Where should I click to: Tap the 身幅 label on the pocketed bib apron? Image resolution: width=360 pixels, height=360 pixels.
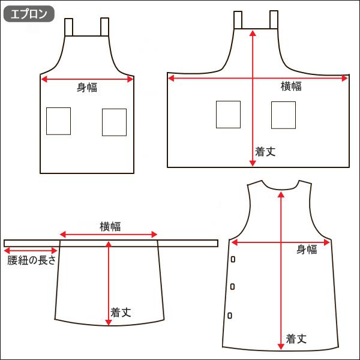pyautogui.click(x=87, y=88)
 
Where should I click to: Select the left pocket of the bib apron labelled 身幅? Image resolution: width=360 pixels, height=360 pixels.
pyautogui.click(x=59, y=121)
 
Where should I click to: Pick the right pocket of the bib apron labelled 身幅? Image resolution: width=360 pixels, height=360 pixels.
pyautogui.click(x=114, y=122)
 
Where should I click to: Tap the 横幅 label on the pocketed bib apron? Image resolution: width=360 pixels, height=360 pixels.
pyautogui.click(x=292, y=87)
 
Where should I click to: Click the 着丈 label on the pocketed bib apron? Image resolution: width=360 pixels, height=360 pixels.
pyautogui.click(x=265, y=152)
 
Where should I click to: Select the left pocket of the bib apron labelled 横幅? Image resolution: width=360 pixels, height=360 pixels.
pyautogui.click(x=228, y=115)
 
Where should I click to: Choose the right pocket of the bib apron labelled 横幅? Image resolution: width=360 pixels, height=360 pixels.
pyautogui.click(x=283, y=115)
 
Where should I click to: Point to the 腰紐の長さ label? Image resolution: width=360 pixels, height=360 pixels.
pyautogui.click(x=32, y=260)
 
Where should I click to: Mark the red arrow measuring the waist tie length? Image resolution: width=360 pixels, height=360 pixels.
pyautogui.click(x=30, y=251)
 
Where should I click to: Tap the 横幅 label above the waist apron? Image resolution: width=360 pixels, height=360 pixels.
pyautogui.click(x=110, y=226)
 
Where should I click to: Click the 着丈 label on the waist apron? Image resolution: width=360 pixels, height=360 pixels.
pyautogui.click(x=121, y=313)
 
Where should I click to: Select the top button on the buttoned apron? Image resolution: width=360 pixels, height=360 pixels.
pyautogui.click(x=233, y=259)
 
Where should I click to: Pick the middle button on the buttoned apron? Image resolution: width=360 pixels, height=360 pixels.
pyautogui.click(x=232, y=287)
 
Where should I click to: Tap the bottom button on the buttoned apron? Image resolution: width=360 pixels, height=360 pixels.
pyautogui.click(x=230, y=315)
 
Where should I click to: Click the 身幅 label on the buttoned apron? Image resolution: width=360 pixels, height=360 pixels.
pyautogui.click(x=307, y=250)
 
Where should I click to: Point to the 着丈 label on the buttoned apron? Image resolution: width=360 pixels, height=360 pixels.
pyautogui.click(x=296, y=338)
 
